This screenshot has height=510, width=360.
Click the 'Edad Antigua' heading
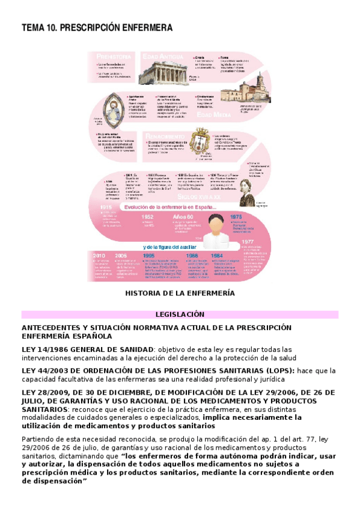click(x=160, y=56)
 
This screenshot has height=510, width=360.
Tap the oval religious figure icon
click(x=110, y=108)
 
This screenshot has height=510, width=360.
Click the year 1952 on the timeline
click(x=147, y=217)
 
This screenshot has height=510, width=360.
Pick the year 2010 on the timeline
click(x=99, y=255)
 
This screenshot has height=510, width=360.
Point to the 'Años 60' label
click(x=183, y=217)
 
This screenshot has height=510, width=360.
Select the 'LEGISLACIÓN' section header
click(x=180, y=314)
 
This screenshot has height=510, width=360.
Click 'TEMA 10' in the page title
click(x=39, y=28)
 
